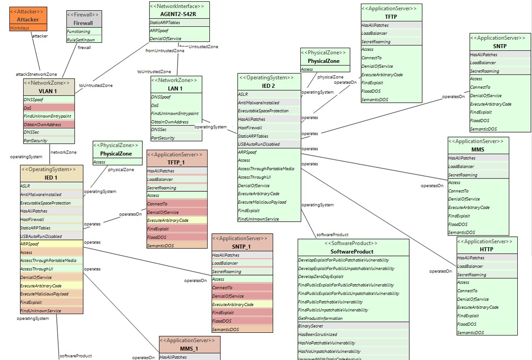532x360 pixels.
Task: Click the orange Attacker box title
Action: tap(28, 20)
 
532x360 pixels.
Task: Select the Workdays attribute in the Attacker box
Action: tap(20, 28)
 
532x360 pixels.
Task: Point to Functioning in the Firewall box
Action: tap(78, 32)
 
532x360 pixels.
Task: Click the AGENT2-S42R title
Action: tap(179, 13)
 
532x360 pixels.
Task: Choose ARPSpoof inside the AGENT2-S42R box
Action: tap(159, 31)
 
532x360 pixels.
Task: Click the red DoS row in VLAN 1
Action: tap(49, 108)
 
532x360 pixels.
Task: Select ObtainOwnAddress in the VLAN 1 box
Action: tap(42, 124)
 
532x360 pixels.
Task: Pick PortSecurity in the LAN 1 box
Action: tap(163, 138)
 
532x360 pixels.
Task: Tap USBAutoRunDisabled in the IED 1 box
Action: tap(41, 236)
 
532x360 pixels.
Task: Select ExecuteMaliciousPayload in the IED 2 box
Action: tap(262, 202)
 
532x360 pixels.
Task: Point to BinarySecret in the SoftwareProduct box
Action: tap(312, 326)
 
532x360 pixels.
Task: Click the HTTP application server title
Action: tap(486, 250)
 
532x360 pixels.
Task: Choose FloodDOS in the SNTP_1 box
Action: tap(222, 321)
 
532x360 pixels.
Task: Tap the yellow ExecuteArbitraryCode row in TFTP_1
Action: tap(168, 220)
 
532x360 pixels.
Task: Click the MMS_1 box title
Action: tap(189, 348)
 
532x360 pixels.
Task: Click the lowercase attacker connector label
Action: tap(40, 36)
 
